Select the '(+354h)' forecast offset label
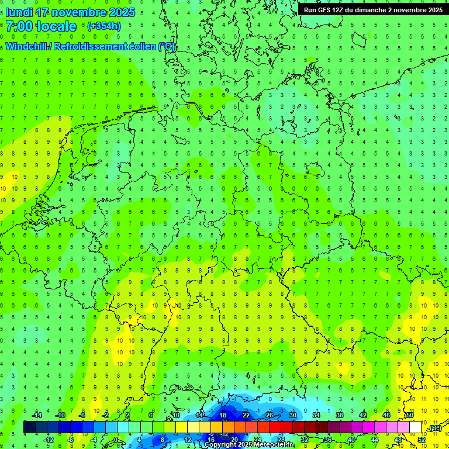pyautogui.click(x=103, y=26)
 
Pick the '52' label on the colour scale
pyautogui.click(x=422, y=440)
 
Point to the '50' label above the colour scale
pyautogui.click(x=410, y=415)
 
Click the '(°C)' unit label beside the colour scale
pyautogui.click(x=434, y=429)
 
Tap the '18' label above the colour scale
pyautogui.click(x=223, y=415)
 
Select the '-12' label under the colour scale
pyautogui.click(x=49, y=440)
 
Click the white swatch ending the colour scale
pyautogui.click(x=416, y=427)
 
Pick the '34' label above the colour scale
pyautogui.click(x=316, y=415)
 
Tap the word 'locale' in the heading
pyautogui.click(x=57, y=26)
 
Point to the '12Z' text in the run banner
pyautogui.click(x=339, y=10)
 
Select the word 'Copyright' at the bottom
pyautogui.click(x=219, y=445)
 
